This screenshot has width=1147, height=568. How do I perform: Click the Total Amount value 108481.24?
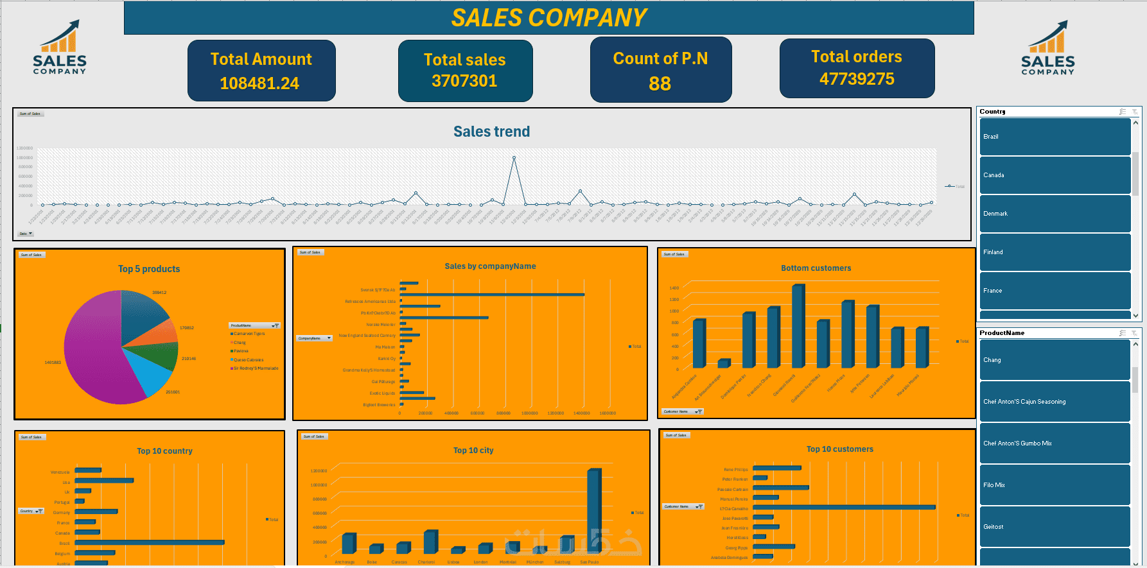259,83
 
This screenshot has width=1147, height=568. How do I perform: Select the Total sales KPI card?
465,71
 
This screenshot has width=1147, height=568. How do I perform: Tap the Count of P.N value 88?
660,84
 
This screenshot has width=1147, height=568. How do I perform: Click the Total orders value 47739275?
857,79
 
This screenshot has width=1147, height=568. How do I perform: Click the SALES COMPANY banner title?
549,18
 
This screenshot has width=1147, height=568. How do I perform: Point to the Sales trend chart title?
491,132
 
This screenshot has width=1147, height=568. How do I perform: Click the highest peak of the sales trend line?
514,158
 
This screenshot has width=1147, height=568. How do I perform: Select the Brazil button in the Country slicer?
1055,137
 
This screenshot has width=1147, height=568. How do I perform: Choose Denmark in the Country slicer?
1055,214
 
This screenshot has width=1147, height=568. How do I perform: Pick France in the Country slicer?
1055,291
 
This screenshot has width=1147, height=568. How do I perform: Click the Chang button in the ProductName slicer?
1055,360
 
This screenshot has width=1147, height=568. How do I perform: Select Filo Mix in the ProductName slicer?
1055,485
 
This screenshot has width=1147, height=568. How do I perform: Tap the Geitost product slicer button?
1055,527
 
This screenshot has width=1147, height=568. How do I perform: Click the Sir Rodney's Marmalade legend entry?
256,368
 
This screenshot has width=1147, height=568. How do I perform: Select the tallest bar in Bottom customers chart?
798,327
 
